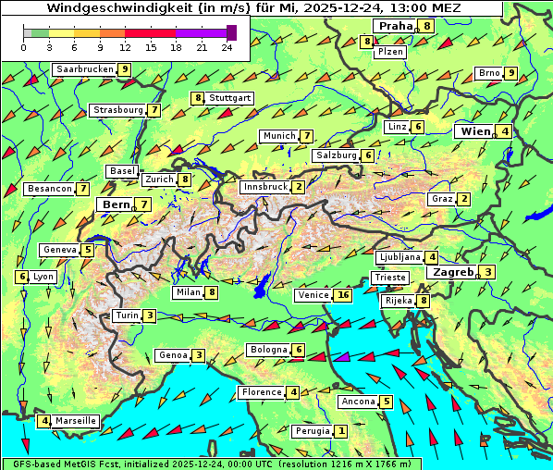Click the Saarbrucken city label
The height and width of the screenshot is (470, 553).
(85, 69)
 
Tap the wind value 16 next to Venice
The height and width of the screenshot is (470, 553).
(344, 295)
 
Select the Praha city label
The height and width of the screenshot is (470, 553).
(394, 26)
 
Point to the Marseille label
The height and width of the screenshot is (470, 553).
(76, 421)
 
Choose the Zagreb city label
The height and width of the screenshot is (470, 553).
(452, 272)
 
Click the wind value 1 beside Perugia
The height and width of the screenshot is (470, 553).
(342, 431)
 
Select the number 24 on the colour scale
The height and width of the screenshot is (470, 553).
(227, 47)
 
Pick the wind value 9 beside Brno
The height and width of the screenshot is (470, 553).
(510, 73)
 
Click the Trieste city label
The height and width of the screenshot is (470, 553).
(389, 278)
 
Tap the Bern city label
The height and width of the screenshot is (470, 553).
(117, 204)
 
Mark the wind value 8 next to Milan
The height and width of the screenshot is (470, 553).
(212, 293)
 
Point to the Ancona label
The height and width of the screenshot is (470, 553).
(358, 402)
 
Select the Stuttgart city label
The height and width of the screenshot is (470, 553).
(228, 98)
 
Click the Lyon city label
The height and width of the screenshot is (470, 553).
(43, 277)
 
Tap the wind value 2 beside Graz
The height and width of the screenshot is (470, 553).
(464, 199)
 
